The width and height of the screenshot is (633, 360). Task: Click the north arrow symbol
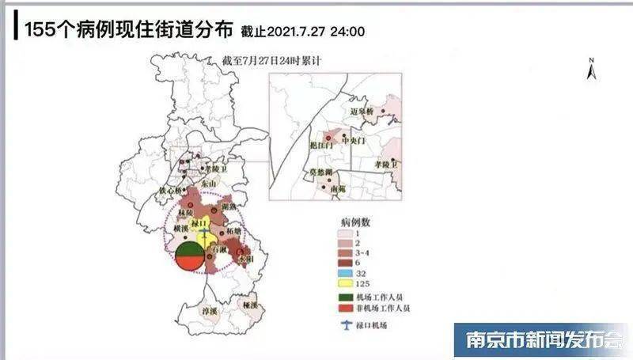[x=589, y=69]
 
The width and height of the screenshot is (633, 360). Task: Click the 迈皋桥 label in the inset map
[x=365, y=112]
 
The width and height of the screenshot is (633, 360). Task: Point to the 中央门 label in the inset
[x=354, y=141]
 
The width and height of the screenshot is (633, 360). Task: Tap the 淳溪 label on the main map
[x=209, y=312]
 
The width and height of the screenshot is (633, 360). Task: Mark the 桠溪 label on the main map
[x=251, y=304]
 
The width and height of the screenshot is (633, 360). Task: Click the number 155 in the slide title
[x=39, y=30]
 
